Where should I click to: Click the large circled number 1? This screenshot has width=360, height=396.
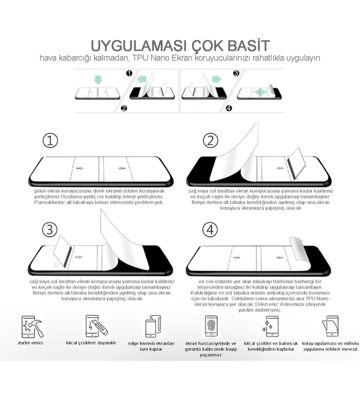point(50,140)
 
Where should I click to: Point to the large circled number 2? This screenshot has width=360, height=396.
point(211,140)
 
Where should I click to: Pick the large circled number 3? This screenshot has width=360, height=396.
point(50,229)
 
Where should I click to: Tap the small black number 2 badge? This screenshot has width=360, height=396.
point(123,108)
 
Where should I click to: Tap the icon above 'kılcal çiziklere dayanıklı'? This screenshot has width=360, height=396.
point(92,326)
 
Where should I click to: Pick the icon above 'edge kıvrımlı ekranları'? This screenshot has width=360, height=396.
point(151,328)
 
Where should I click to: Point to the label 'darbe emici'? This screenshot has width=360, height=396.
point(29,343)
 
